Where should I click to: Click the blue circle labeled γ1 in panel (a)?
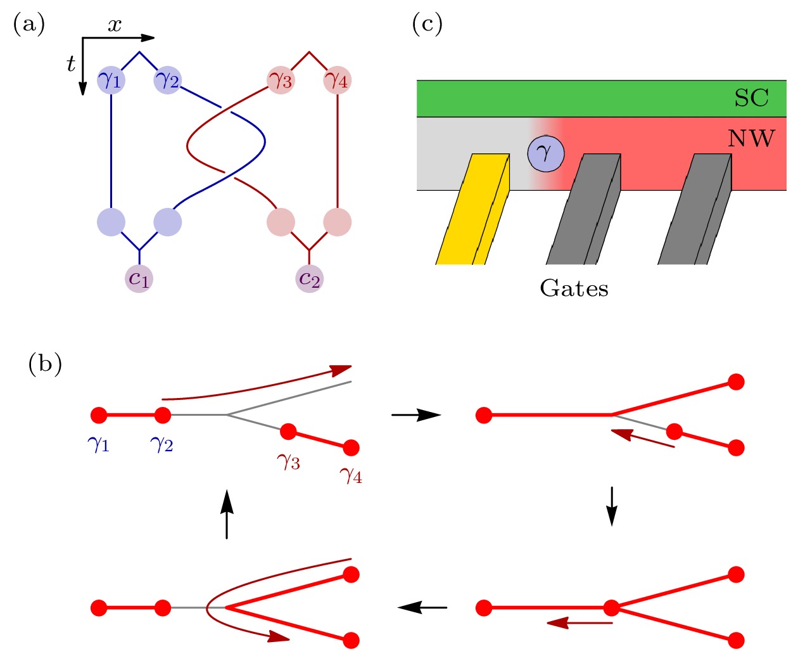[x=111, y=80]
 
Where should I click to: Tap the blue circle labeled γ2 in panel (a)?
[x=168, y=80]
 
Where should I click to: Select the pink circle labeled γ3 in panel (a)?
[x=281, y=80]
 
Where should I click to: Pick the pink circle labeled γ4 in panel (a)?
[x=337, y=80]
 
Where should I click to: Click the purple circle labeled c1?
[x=139, y=278]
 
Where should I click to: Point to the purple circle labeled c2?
[x=309, y=278]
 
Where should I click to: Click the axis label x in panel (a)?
[x=114, y=25]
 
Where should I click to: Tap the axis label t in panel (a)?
[x=71, y=63]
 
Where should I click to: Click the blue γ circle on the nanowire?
[x=545, y=153]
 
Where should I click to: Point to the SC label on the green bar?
[x=751, y=98]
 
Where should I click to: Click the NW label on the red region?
[x=751, y=138]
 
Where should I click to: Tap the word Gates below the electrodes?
[x=574, y=288]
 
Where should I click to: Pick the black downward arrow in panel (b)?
[x=612, y=506]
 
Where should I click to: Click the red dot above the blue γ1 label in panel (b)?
[x=98, y=415]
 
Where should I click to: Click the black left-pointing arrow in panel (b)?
[x=422, y=607]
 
